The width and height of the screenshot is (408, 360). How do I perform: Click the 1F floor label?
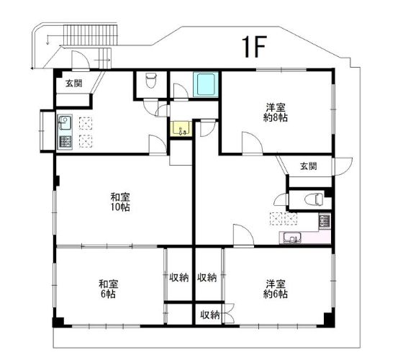click(x=254, y=47)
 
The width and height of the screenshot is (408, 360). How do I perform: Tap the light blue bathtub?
click(x=206, y=84)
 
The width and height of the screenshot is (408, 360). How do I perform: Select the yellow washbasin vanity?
click(x=181, y=129)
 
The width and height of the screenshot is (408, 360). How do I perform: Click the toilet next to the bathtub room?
click(x=151, y=80)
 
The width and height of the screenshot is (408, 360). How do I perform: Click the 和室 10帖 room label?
click(x=120, y=202)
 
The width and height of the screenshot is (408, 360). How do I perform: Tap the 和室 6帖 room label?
click(x=108, y=289)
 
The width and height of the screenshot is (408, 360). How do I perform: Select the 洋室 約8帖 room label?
click(x=276, y=112)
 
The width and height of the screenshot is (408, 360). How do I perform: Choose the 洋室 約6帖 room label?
click(x=276, y=289)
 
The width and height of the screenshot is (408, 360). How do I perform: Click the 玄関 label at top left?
click(x=74, y=84)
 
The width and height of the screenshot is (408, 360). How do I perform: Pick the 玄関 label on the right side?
click(x=309, y=166)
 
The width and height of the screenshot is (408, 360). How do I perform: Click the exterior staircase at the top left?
click(x=90, y=35)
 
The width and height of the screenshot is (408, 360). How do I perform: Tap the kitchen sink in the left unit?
click(x=65, y=122)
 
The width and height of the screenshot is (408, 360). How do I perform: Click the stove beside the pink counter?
click(x=325, y=220)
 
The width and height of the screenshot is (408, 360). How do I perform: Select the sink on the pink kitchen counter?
click(x=292, y=238)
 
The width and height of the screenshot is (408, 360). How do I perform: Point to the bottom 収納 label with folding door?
click(x=209, y=315)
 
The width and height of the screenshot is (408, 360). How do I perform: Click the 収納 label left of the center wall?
click(x=179, y=278)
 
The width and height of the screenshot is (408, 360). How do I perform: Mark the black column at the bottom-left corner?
click(x=58, y=323)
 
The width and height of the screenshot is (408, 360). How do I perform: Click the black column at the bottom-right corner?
click(x=329, y=319)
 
